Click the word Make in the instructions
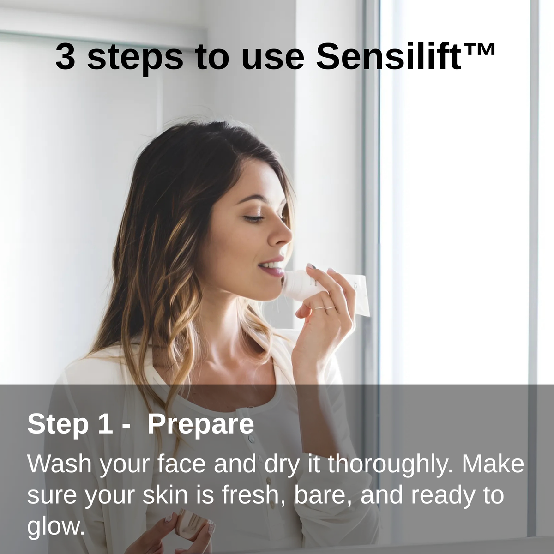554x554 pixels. coord(493,464)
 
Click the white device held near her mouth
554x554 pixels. coord(300,283)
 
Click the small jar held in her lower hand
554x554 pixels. coord(191,524)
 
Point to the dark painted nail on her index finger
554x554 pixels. coord(312,267)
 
